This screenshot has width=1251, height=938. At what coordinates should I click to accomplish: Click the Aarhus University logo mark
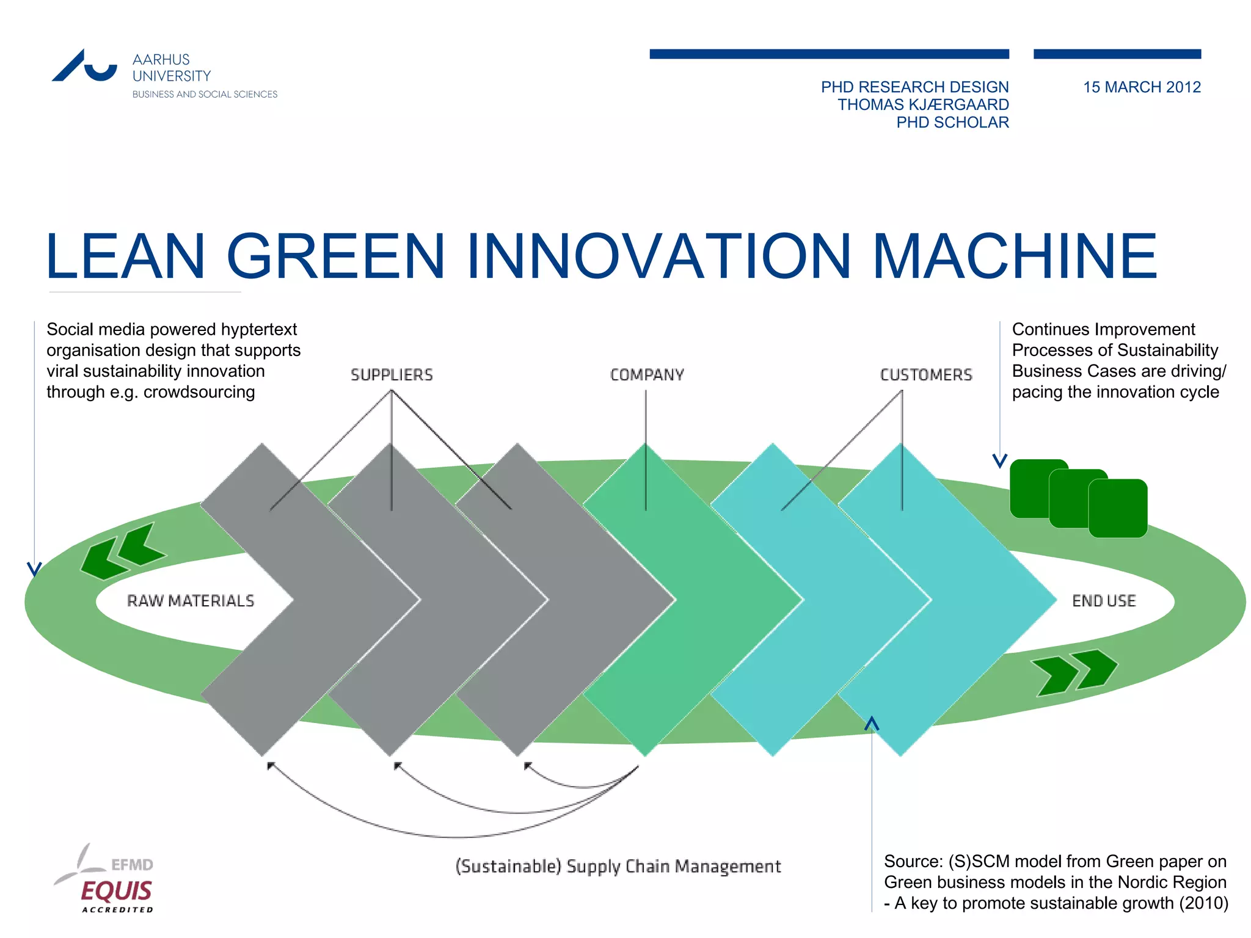pyautogui.click(x=84, y=65)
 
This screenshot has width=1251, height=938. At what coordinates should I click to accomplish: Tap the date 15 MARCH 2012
pyautogui.click(x=1141, y=87)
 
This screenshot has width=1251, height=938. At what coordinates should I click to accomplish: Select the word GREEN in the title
pyautogui.click(x=335, y=256)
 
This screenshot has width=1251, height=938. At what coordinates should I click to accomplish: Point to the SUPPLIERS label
pyautogui.click(x=392, y=375)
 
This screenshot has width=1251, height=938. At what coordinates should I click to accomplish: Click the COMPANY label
pyautogui.click(x=647, y=375)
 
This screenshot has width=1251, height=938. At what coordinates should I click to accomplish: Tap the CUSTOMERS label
pyautogui.click(x=925, y=375)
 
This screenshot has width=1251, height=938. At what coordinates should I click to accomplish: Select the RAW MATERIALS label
pyautogui.click(x=191, y=601)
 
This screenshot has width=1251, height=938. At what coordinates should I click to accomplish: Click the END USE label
pyautogui.click(x=1104, y=601)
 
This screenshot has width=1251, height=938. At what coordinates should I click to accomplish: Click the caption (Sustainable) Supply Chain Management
pyautogui.click(x=618, y=867)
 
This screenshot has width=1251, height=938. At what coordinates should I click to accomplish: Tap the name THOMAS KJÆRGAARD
pyautogui.click(x=922, y=105)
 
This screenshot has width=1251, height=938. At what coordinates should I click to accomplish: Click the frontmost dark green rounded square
pyautogui.click(x=1118, y=508)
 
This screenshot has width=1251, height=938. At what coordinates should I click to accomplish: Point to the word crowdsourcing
pyautogui.click(x=199, y=392)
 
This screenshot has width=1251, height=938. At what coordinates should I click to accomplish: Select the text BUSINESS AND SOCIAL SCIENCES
pyautogui.click(x=205, y=94)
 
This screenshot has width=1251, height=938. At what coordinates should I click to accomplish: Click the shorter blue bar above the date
pyautogui.click(x=1117, y=54)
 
